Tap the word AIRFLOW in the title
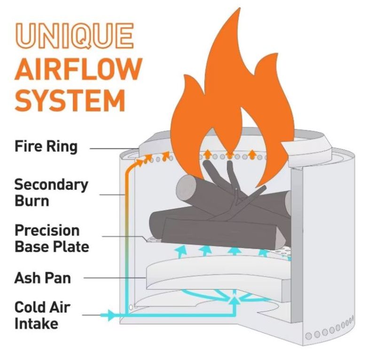pyautogui.click(x=78, y=69)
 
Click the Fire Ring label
pyautogui.click(x=46, y=146)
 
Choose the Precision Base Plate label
pyautogui.click(x=52, y=238)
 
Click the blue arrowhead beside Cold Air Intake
pyautogui.click(x=110, y=314)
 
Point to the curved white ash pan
pyautogui.click(x=216, y=277)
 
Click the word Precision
pyautogui.click(x=47, y=230)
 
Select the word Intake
pyautogui.click(x=36, y=323)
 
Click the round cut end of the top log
pyautogui.click(x=184, y=191)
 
